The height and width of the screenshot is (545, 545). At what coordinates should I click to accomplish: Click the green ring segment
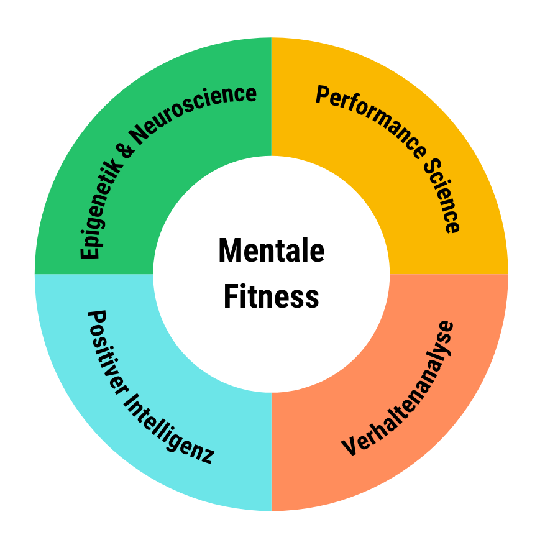click(93, 124)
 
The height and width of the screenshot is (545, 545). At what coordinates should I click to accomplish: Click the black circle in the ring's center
click(272, 273)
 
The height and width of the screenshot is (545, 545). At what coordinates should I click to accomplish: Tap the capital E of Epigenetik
click(90, 250)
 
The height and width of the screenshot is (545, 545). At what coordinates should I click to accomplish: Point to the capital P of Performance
click(323, 95)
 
